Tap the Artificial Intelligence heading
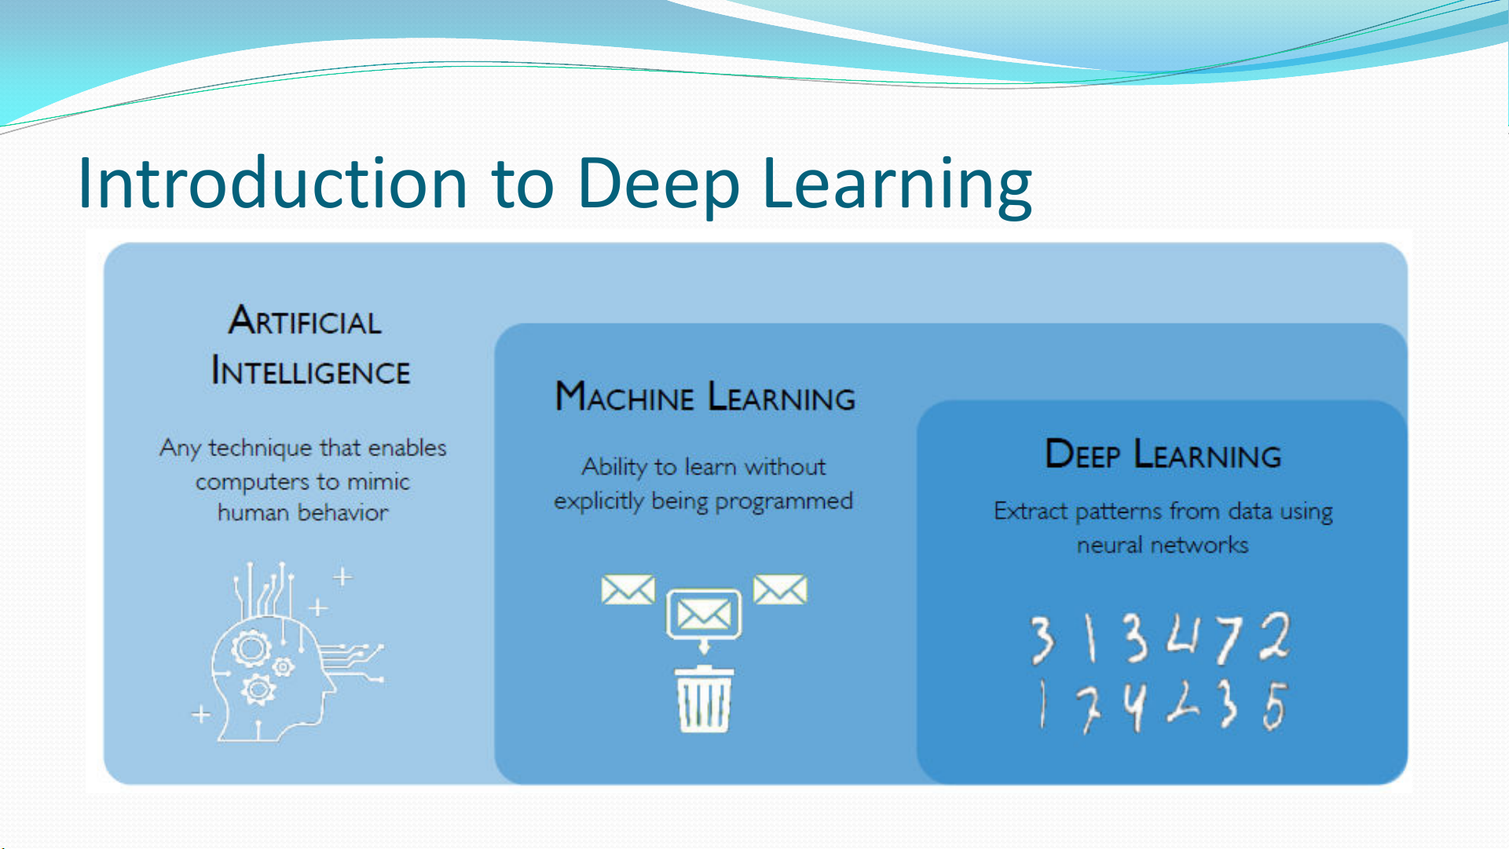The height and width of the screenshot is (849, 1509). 310,346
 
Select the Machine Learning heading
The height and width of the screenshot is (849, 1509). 705,397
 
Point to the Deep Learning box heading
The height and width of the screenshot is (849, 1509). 1163,454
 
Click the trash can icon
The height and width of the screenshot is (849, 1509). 704,699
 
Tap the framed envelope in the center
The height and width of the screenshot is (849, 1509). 704,613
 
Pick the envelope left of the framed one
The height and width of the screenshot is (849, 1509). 628,590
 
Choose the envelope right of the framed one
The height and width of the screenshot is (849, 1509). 780,590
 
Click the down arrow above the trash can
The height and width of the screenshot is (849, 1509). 704,646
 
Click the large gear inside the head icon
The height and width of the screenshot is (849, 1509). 251,649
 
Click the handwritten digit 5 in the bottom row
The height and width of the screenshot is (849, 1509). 1274,705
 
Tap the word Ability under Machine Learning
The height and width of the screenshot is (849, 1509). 614,467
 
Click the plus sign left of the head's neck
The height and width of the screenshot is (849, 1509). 201,714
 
